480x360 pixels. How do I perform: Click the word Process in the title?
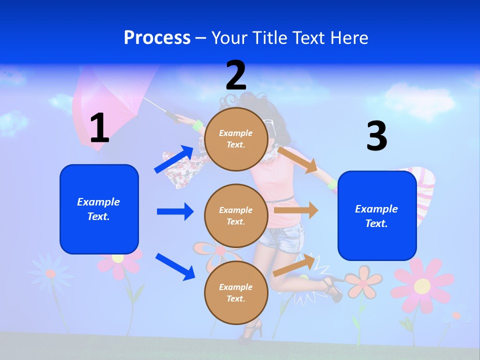(x=157, y=38)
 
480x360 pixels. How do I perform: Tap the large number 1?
(x=99, y=128)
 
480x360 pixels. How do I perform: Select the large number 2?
(x=236, y=75)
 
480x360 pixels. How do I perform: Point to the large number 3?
(x=376, y=136)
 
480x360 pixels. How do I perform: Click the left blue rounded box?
(x=99, y=209)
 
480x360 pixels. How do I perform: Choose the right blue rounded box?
(x=377, y=216)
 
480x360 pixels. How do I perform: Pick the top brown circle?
(x=236, y=139)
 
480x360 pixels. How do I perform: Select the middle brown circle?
(x=236, y=216)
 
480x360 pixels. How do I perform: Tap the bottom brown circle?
(x=236, y=293)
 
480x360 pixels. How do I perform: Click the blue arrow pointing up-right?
(x=174, y=159)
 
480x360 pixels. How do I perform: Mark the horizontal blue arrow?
(x=175, y=211)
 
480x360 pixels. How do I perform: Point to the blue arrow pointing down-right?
(x=175, y=266)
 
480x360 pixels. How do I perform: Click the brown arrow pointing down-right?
(x=298, y=159)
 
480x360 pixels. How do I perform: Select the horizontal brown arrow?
(x=296, y=210)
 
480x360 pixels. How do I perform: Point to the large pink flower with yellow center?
(x=422, y=286)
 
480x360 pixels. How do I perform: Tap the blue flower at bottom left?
(x=50, y=272)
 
